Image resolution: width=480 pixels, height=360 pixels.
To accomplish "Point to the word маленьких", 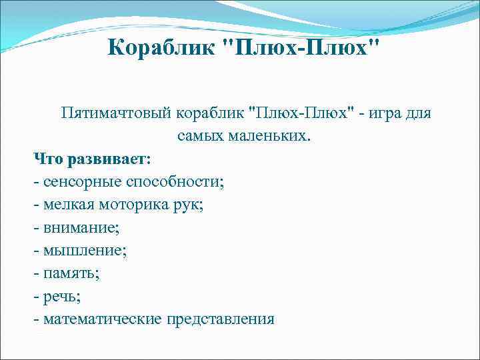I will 271,136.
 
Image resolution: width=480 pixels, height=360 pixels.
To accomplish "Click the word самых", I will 201,136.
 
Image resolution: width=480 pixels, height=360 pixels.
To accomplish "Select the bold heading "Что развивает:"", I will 93,159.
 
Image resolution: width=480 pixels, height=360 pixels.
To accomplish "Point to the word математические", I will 103,319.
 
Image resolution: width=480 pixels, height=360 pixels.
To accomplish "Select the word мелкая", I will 65,205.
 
